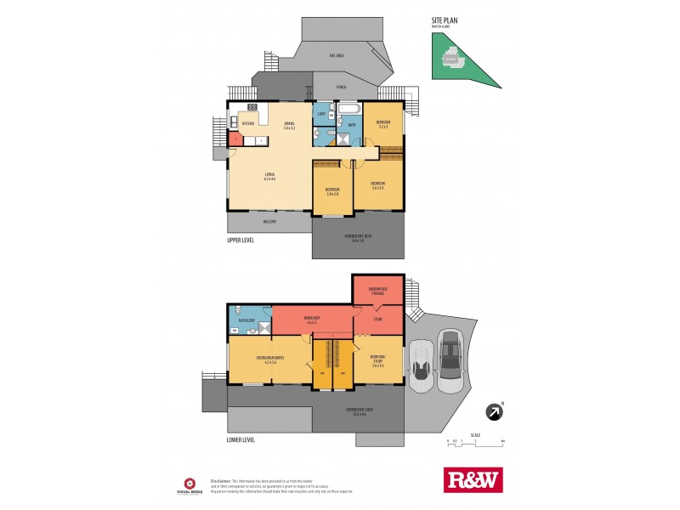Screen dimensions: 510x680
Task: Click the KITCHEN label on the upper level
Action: click(x=249, y=124)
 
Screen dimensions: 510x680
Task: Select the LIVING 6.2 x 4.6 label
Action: click(x=269, y=177)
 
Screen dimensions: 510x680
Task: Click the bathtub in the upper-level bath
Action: click(x=349, y=110)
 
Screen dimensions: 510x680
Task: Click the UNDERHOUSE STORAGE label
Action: click(x=378, y=290)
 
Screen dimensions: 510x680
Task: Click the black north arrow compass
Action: click(x=492, y=411)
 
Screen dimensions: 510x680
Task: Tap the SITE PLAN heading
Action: click(x=444, y=20)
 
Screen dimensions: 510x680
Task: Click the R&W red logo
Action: click(x=473, y=479)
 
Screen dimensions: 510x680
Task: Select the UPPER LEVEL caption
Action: click(x=241, y=241)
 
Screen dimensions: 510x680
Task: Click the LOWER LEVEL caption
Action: click(x=241, y=440)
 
